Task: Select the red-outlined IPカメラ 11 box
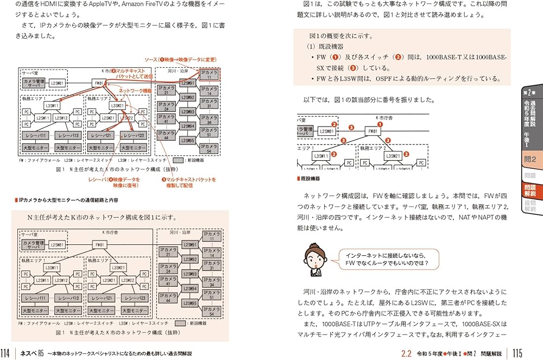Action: pos(209,74)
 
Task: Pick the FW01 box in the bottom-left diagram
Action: pos(99,245)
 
